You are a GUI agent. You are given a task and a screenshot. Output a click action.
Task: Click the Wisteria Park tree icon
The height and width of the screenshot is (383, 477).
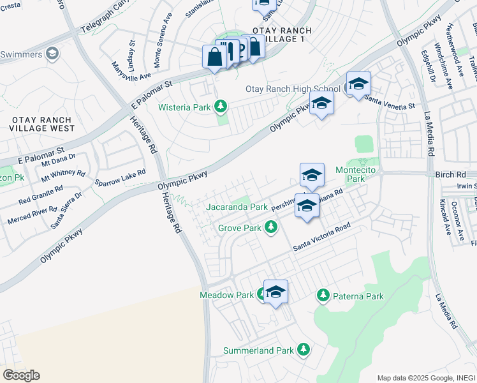point(221,106)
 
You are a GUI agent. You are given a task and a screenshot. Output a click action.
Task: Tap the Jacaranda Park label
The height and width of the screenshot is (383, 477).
point(237,207)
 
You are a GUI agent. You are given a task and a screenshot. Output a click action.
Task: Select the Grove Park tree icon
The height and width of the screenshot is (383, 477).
point(271,227)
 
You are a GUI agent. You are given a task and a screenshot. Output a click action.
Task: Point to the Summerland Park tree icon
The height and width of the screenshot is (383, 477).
point(304,349)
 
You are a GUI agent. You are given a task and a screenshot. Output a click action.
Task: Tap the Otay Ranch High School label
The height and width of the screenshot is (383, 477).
point(293,89)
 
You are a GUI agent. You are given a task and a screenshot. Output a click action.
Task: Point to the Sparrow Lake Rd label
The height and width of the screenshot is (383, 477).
point(120,177)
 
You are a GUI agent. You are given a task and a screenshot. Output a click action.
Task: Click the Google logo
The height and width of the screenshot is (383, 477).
point(21,375)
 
